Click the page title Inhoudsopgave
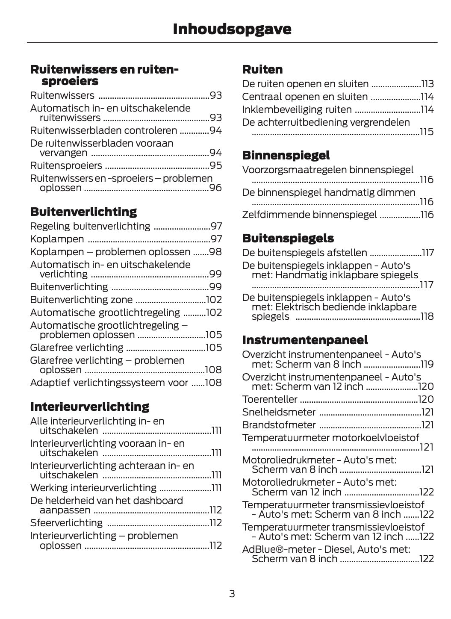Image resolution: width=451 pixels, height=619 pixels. (x=232, y=29)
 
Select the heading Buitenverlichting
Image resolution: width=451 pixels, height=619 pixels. (x=83, y=212)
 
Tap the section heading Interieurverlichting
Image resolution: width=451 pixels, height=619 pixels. (x=90, y=407)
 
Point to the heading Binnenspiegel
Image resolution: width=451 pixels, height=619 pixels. (x=286, y=155)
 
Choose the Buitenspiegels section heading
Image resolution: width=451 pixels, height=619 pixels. (x=288, y=238)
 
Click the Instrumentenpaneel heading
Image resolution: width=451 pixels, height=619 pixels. (x=305, y=340)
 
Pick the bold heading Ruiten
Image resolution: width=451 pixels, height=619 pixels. (x=262, y=69)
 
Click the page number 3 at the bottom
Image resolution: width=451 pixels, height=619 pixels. (x=232, y=594)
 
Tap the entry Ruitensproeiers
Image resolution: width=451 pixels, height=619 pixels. (x=66, y=166)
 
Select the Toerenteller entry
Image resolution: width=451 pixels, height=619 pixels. (x=269, y=399)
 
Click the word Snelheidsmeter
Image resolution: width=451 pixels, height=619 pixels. (x=279, y=412)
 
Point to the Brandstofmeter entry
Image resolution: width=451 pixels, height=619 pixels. (x=279, y=425)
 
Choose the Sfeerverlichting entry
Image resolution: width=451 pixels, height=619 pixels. (x=66, y=523)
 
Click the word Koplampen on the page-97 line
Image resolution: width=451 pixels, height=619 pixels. (x=57, y=239)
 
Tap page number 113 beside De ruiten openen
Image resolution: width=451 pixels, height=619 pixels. (x=427, y=84)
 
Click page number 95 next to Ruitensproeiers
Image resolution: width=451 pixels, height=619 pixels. (x=216, y=166)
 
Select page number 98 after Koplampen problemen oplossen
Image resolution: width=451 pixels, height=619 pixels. (x=215, y=252)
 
